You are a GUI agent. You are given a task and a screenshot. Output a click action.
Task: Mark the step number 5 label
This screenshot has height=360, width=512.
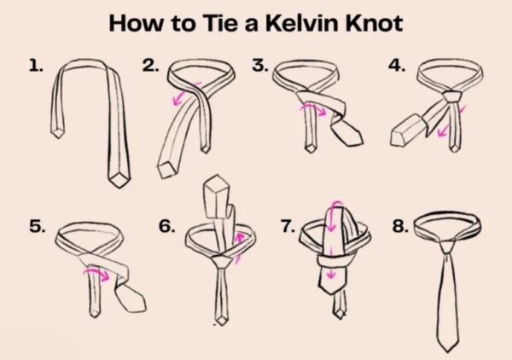(x=37, y=227)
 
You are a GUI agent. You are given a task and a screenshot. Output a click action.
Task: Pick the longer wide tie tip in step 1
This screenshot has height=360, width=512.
(x=119, y=178)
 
